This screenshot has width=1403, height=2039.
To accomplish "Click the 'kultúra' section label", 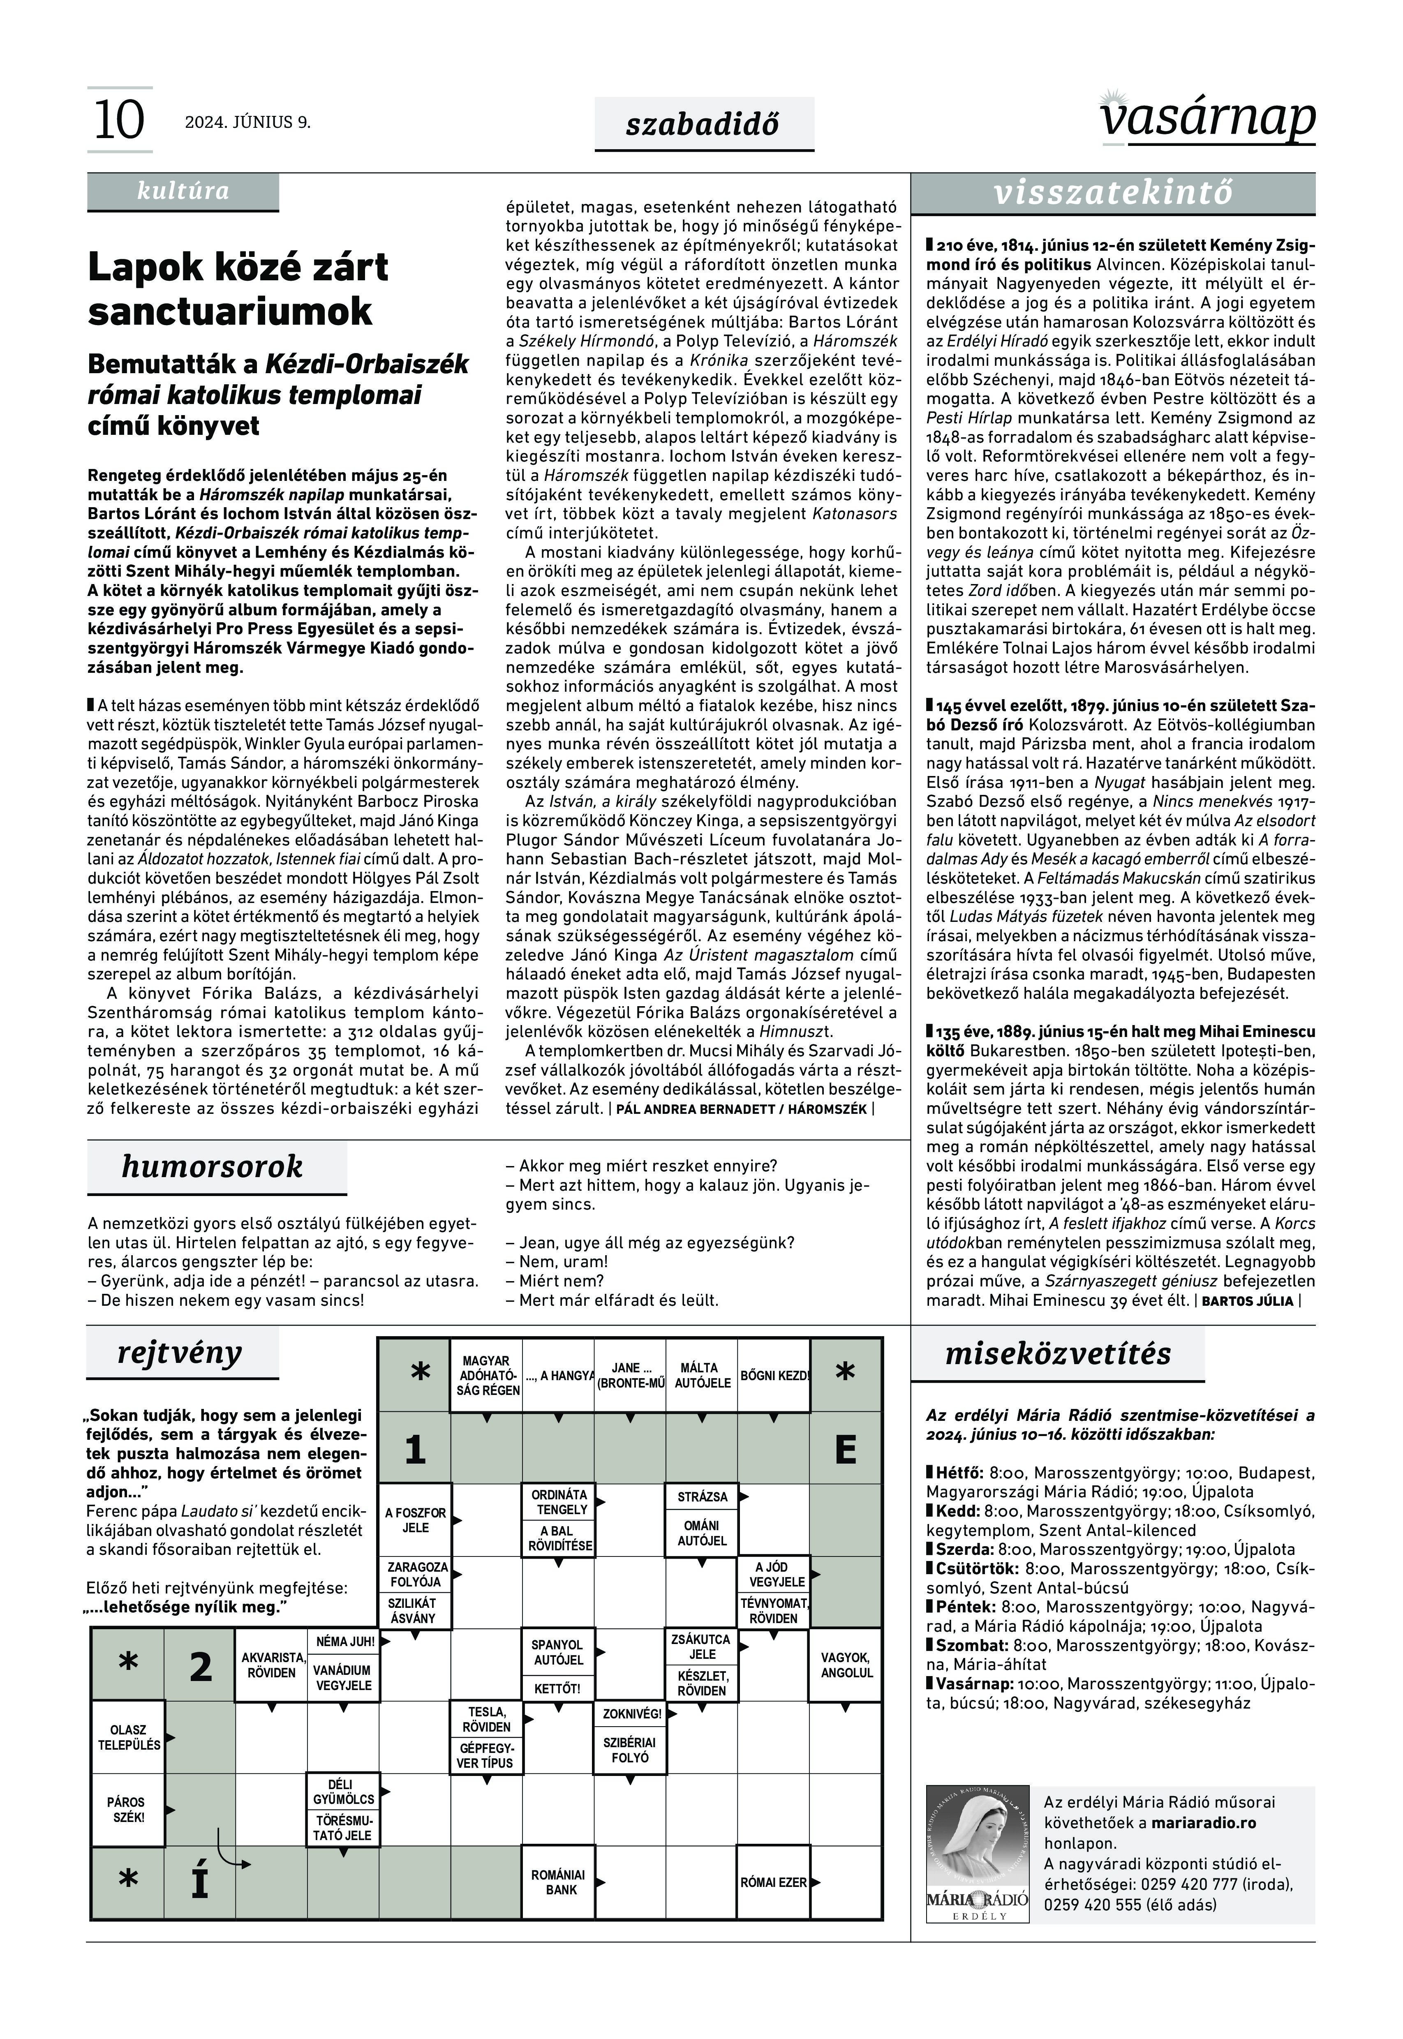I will coord(183,191).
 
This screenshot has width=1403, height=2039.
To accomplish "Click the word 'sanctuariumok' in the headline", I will coord(230,311).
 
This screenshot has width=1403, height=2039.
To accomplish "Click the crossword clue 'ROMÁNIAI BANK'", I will coord(558,1882).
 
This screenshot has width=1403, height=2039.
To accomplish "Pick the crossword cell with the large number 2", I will coord(201,1665).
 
